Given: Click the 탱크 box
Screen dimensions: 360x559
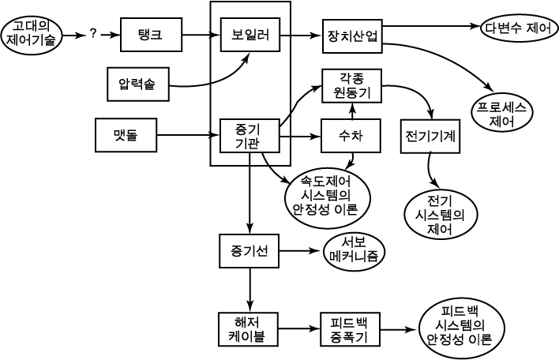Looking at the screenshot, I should pos(151,35).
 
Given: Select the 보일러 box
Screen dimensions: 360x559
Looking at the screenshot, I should pos(250,35).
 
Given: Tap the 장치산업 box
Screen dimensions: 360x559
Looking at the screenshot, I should pos(352,36).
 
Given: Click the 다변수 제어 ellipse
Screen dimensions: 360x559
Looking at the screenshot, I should pos(519,28).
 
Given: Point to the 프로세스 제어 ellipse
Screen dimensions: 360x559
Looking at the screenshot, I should pos(502,114).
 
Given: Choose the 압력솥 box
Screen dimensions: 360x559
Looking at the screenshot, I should pos(138,84).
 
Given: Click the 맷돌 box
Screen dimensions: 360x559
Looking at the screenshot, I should pos(126,135).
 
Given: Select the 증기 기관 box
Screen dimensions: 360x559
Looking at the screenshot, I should pos(249,136).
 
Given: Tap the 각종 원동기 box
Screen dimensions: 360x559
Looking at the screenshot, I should pos(351,85).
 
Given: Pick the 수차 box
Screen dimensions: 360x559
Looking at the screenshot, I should pos(351,136).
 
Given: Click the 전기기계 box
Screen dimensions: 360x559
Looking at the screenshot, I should pos(430,136).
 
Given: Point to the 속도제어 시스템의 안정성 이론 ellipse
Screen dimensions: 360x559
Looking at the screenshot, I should pos(327,197).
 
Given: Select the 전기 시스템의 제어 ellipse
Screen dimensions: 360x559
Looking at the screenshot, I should pos(441,214).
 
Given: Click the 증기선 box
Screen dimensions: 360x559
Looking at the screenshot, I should pos(249,251).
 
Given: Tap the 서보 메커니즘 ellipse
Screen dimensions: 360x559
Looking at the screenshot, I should pos(354,251).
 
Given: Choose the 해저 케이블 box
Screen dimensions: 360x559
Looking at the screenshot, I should pos(249,329).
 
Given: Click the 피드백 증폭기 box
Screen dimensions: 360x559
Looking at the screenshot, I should pos(350,329).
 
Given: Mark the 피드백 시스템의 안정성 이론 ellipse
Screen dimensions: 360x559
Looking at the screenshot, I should pos(461,329).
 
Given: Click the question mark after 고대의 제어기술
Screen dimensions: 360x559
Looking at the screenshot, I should pos(93,34).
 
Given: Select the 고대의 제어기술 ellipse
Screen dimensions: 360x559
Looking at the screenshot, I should pos(32,34).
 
